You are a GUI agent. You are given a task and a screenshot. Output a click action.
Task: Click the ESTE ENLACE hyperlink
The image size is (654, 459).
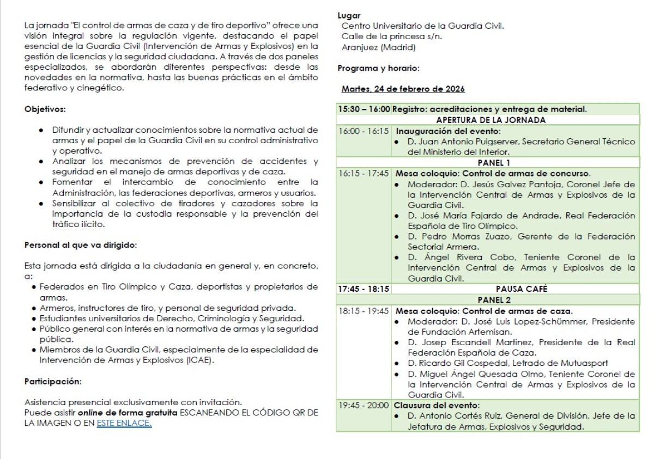click(x=124, y=423)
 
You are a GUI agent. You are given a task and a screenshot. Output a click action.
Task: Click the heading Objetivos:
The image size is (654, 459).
click(x=45, y=109)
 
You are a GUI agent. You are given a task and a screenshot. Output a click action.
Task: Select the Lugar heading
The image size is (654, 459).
click(x=349, y=16)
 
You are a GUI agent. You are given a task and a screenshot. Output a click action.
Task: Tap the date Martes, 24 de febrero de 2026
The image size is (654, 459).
click(x=403, y=89)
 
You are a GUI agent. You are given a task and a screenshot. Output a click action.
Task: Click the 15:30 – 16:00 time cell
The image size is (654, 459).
click(x=364, y=109)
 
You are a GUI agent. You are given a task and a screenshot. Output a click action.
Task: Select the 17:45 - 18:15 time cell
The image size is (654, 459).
click(x=364, y=289)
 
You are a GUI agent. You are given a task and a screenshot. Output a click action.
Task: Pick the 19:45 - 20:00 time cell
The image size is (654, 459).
click(x=364, y=405)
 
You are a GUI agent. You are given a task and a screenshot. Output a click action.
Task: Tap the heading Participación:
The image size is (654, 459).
click(x=52, y=381)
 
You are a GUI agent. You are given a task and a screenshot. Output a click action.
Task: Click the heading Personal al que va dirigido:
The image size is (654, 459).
click(x=80, y=245)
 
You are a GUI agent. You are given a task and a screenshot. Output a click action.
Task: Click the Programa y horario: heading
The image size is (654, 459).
click(x=378, y=69)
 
